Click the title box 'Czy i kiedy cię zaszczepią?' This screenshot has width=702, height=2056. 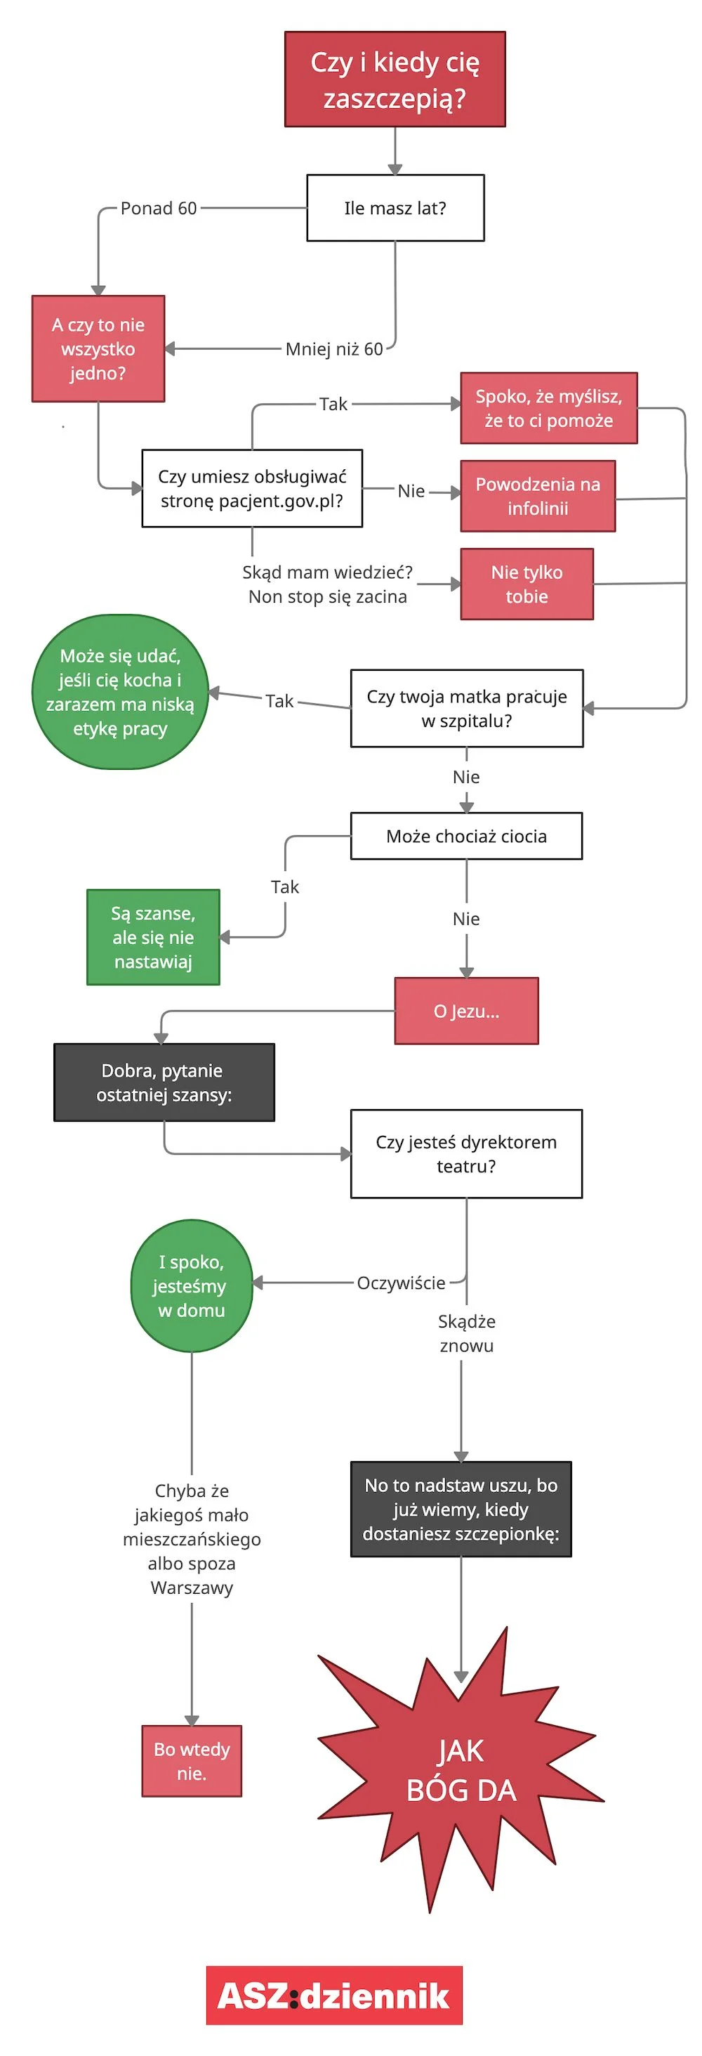tap(395, 79)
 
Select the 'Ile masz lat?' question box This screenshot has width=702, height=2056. tap(395, 207)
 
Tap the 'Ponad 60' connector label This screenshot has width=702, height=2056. tap(159, 209)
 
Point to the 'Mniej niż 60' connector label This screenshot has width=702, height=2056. tap(334, 349)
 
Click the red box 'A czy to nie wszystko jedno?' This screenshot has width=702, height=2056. tap(98, 349)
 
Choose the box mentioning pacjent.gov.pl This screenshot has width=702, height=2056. tap(252, 488)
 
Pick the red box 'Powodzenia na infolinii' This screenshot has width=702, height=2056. tap(538, 496)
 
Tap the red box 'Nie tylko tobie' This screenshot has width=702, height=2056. tap(526, 584)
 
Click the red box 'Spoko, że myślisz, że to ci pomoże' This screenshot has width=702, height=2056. tap(549, 408)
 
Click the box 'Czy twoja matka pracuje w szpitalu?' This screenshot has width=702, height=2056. tap(467, 708)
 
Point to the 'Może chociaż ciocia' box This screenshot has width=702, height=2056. tap(467, 836)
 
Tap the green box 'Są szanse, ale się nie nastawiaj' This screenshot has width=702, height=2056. tap(153, 937)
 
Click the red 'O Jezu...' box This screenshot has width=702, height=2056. tap(467, 1011)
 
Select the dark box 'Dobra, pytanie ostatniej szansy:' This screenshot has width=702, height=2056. tap(164, 1082)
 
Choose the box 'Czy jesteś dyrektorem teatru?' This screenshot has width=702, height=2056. tap(467, 1153)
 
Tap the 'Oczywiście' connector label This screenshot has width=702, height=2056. tap(402, 1283)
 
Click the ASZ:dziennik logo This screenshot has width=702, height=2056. tap(334, 1995)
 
